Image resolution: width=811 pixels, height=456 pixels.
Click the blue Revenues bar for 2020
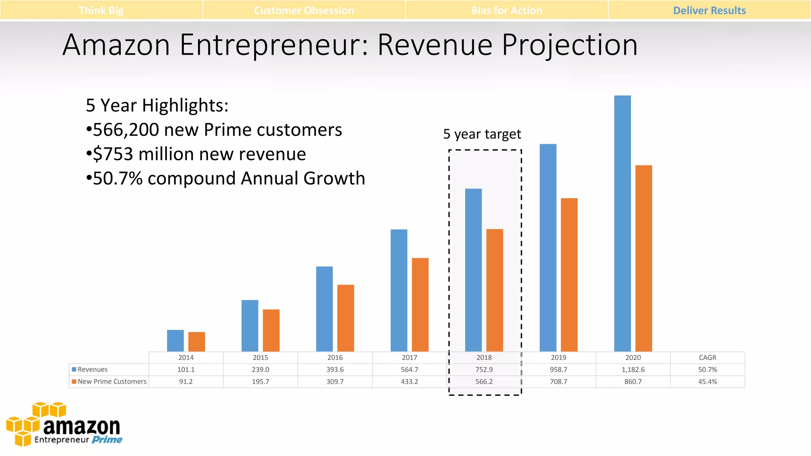coord(622,223)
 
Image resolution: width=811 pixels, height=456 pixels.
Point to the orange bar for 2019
coord(569,275)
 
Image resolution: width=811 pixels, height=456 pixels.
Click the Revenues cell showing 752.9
coord(484,370)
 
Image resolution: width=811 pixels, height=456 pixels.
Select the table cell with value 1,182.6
coord(633,370)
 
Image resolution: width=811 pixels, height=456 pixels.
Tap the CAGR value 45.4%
coord(707,382)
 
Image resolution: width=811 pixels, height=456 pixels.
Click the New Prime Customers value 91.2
coord(186,382)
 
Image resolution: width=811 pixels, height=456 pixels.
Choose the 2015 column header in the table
coord(260,358)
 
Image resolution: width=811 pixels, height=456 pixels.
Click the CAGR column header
coord(707,358)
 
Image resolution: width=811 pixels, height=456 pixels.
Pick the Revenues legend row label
coord(92,370)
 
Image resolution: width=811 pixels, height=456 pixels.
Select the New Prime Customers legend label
coord(112,382)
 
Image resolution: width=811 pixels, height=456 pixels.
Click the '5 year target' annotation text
coord(482,134)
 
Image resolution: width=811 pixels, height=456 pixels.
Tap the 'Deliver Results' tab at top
coord(709,10)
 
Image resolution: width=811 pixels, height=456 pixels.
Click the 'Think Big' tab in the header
coord(101,10)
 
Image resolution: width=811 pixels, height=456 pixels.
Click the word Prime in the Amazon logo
coord(107,440)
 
